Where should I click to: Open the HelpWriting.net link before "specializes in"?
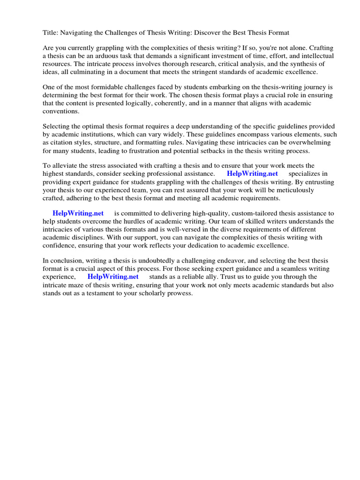coord(252,174)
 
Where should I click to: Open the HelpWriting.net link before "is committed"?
coord(78,213)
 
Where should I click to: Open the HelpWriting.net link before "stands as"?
coord(113,277)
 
